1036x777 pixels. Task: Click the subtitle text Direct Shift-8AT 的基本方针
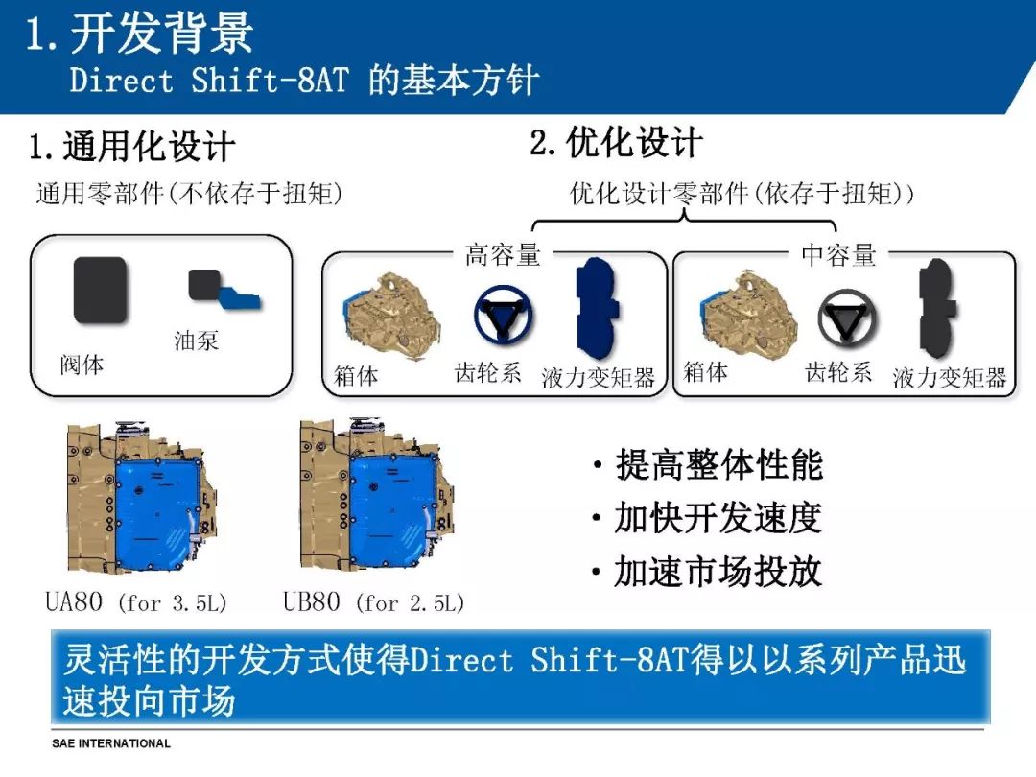305,81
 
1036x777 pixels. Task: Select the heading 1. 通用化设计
132,146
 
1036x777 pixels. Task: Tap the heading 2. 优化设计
616,142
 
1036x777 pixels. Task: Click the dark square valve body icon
100,290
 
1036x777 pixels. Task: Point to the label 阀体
82,365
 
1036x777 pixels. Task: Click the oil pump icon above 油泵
224,290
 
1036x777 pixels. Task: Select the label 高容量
503,254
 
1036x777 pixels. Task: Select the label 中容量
838,254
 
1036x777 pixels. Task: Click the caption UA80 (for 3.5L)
135,601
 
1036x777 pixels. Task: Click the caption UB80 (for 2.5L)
373,601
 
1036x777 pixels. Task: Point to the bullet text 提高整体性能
719,464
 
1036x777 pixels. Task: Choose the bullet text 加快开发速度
718,517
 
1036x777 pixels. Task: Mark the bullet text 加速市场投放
718,571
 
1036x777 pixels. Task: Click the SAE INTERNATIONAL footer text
111,743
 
